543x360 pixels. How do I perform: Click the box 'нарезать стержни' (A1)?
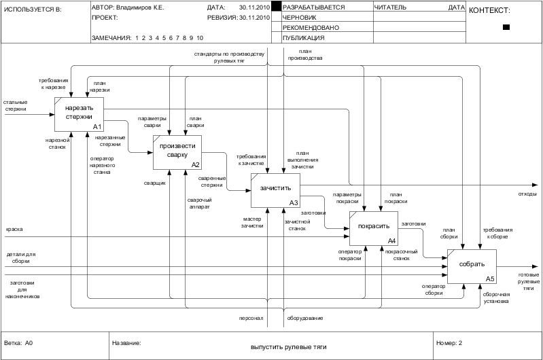coord(79,114)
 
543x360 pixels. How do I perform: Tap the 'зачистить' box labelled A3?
coord(275,191)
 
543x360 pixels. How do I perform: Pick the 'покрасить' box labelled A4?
coord(373,229)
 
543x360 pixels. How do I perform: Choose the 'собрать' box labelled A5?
coord(472,266)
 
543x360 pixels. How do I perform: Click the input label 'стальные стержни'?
coord(15,105)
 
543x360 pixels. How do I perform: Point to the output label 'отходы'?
coord(527,194)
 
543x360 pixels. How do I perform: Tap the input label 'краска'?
coord(14,229)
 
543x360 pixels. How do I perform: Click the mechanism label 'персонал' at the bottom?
coord(250,318)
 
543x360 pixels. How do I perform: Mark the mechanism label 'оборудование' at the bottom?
coord(304,318)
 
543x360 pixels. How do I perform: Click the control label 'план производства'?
coord(304,54)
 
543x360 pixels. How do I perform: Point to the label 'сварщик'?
coord(154,183)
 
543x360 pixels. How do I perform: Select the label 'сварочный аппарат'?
coord(199,203)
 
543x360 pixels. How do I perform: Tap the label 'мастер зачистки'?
coord(252,222)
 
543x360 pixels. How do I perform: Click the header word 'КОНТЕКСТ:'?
coord(489,10)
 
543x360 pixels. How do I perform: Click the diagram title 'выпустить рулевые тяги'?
coord(288,347)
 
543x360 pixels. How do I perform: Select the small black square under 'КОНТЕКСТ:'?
coord(506,27)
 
